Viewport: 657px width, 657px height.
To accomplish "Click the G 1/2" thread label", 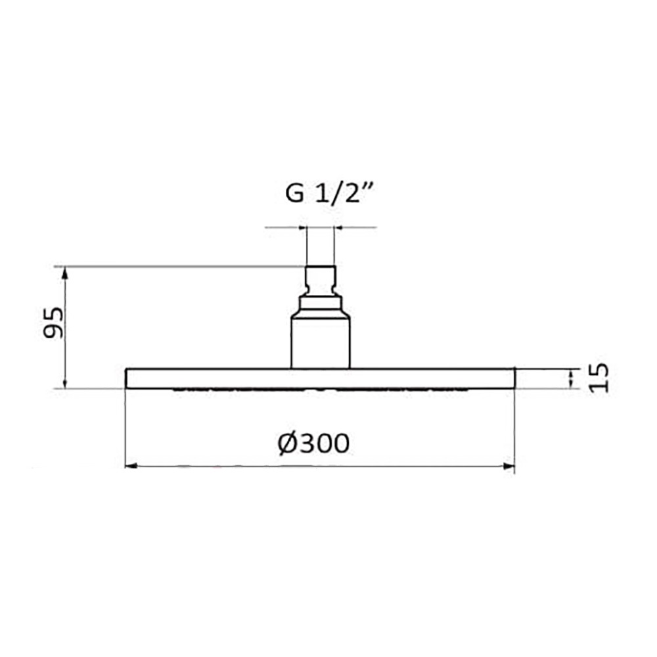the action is pos(329,193).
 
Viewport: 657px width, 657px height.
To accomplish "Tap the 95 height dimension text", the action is pos(54,323).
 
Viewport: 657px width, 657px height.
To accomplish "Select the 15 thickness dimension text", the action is pos(598,378).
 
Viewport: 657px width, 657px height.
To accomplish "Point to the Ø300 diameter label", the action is pos(313,443).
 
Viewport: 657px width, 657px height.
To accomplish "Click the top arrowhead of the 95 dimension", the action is pos(64,273).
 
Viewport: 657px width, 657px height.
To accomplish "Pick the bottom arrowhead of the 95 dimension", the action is pos(64,383).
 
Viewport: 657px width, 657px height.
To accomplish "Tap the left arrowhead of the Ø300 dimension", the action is pos(131,466).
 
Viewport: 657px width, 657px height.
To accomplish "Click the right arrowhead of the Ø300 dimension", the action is pos(509,466).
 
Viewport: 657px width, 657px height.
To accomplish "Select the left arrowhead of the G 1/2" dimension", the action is pos(302,227).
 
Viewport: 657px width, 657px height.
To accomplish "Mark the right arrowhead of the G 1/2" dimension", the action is pos(338,227).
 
